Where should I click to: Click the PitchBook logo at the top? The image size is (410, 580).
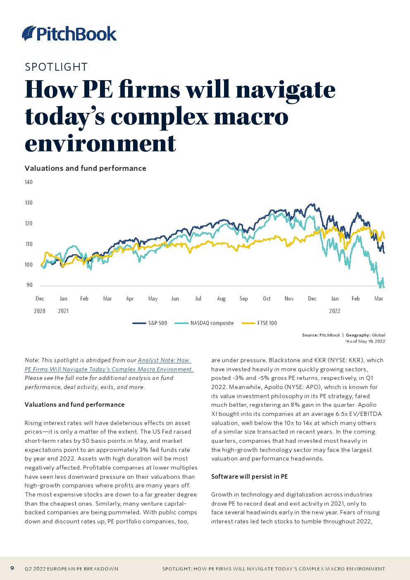click(69, 33)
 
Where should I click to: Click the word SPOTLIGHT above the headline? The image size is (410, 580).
click(56, 67)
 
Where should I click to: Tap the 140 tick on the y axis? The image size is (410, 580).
click(29, 182)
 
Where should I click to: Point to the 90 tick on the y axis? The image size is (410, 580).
click(29, 285)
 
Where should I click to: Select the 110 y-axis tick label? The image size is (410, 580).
click(29, 244)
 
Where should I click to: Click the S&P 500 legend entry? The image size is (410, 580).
click(157, 323)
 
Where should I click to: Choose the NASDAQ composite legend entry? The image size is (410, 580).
click(212, 323)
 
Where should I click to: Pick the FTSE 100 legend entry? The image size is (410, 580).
click(267, 323)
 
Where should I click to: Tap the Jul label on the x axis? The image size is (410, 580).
click(198, 298)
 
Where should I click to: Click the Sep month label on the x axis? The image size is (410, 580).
click(243, 298)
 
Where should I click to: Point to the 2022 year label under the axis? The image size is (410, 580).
click(334, 311)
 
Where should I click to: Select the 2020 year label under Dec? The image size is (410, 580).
click(40, 311)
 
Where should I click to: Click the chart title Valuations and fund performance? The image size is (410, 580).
click(86, 168)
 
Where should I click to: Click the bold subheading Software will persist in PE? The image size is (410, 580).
click(249, 476)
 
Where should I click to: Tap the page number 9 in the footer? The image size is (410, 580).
click(12, 568)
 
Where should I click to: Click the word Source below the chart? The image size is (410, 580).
click(310, 335)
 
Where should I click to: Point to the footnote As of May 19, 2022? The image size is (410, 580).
click(365, 341)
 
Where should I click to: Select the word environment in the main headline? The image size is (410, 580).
click(100, 143)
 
